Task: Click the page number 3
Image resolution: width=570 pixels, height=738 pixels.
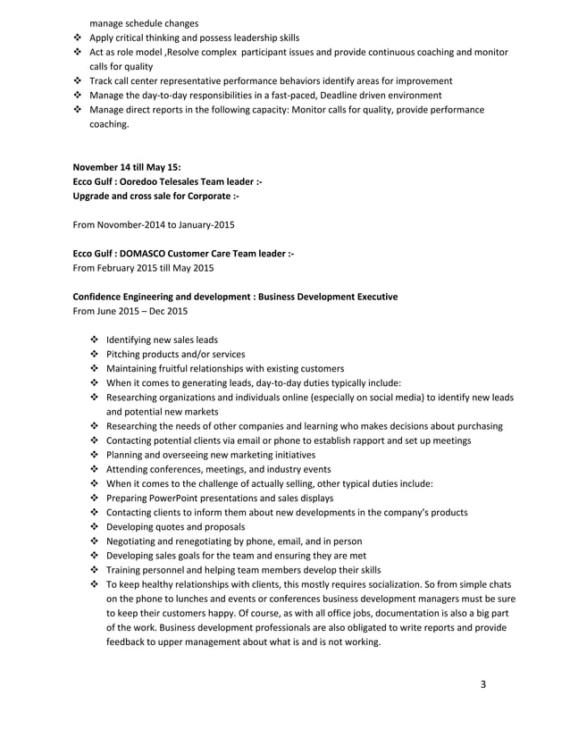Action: [x=483, y=684]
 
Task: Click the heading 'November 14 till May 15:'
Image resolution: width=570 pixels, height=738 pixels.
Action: [x=126, y=166]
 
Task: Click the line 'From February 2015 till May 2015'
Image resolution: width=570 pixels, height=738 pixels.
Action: [x=143, y=268]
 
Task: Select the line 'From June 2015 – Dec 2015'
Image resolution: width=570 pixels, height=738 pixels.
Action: [x=130, y=311]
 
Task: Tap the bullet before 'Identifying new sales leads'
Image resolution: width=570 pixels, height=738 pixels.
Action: [x=95, y=340]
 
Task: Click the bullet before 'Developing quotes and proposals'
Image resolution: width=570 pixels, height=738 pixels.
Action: [x=95, y=526]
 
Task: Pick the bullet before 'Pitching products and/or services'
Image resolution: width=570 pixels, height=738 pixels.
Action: [x=95, y=354]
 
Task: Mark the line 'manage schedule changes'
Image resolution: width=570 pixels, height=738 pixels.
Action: [x=143, y=22]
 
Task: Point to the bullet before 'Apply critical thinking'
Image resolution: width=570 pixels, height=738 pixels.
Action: [x=77, y=38]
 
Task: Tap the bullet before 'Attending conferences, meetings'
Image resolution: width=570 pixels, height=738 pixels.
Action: [x=95, y=469]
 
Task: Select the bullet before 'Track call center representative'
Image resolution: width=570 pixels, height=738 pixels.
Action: [x=77, y=80]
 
